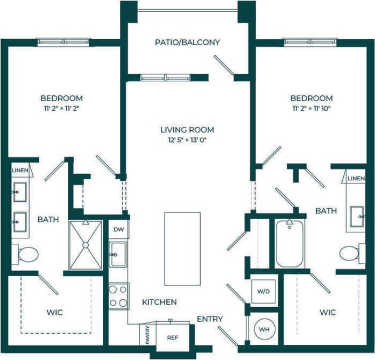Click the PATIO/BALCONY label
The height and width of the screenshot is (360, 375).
[x=187, y=42]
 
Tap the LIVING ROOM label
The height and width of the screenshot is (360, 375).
[x=187, y=130]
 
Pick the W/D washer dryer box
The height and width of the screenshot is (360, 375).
[x=264, y=291]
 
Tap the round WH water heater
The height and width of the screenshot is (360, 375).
[x=264, y=328]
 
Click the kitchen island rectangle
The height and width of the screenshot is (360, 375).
[x=182, y=241]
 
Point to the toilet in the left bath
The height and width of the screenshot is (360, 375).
[x=25, y=253]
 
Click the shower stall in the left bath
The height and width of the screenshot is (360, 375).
[x=85, y=245]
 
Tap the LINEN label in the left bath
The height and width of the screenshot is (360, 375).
[x=20, y=171]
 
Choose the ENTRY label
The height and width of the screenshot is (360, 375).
[x=209, y=319]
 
